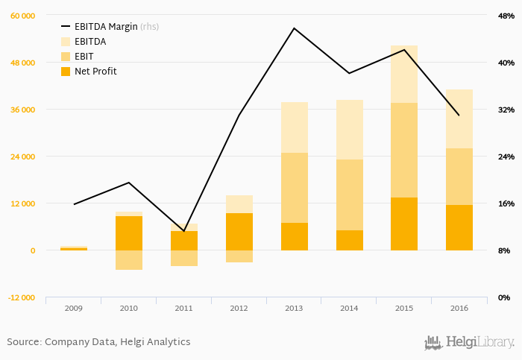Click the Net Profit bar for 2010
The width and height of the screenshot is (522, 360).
click(x=128, y=233)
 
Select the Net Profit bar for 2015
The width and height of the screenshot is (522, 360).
click(x=404, y=224)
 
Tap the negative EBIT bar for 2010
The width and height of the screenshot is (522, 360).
click(x=128, y=259)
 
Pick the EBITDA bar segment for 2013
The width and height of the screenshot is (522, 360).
click(x=294, y=127)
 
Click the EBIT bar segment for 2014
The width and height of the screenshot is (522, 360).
click(x=349, y=195)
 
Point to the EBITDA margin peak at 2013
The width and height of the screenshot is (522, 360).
click(x=294, y=28)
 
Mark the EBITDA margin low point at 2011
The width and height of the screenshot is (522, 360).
click(x=183, y=231)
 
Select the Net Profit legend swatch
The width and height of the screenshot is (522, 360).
click(x=65, y=72)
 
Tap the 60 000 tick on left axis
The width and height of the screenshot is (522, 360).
click(x=22, y=16)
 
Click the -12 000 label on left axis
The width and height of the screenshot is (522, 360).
click(x=21, y=297)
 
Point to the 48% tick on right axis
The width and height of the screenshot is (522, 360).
click(x=506, y=16)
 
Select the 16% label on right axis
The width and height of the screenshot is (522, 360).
click(x=506, y=203)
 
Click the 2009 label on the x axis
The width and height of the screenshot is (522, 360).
click(x=73, y=309)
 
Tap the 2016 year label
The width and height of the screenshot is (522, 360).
click(x=459, y=309)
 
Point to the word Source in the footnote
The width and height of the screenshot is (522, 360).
click(x=23, y=342)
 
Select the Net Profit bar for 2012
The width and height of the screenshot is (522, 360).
click(x=239, y=231)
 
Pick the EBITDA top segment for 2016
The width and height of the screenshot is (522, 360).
click(x=459, y=119)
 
